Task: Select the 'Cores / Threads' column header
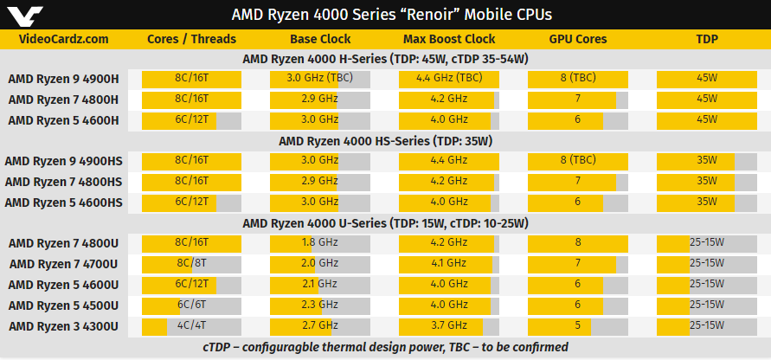(x=192, y=39)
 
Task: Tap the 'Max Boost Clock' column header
(x=449, y=39)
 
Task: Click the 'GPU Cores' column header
(x=577, y=39)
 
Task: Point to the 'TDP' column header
(x=707, y=39)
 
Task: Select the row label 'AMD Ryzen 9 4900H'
(x=63, y=79)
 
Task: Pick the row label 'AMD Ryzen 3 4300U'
(x=63, y=326)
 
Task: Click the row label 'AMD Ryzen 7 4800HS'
(x=63, y=181)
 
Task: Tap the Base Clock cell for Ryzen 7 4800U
(x=320, y=243)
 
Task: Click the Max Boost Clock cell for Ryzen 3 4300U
(x=449, y=326)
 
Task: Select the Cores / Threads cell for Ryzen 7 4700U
(x=192, y=264)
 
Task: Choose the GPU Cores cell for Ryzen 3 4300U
(x=577, y=326)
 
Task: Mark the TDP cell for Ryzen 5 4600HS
(x=707, y=202)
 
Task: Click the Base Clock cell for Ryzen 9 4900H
(x=320, y=79)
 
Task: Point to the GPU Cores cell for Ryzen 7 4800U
(x=577, y=243)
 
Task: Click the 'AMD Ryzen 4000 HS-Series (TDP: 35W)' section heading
(x=385, y=140)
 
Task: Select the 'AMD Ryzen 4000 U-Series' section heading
(x=385, y=223)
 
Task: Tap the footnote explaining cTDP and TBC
(x=385, y=347)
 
